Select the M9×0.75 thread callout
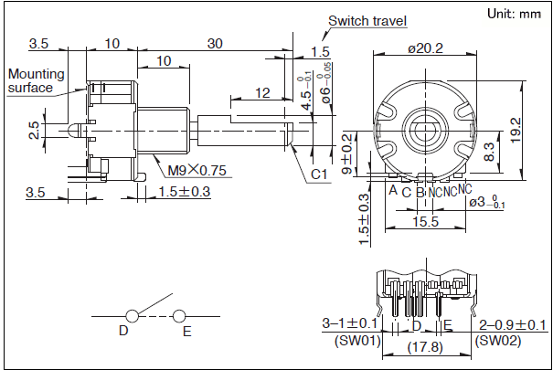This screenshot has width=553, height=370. point(194,170)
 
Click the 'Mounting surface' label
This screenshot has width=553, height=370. point(36,80)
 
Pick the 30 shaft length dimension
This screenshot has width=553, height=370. point(216,44)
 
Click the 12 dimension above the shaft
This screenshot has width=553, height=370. point(262,92)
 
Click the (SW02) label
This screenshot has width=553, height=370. point(498,339)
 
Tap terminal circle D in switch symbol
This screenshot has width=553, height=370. point(133,316)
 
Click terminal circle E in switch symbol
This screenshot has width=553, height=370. point(180,316)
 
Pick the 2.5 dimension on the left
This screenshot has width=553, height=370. point(35,130)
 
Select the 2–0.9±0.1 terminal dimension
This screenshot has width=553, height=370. point(513,324)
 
